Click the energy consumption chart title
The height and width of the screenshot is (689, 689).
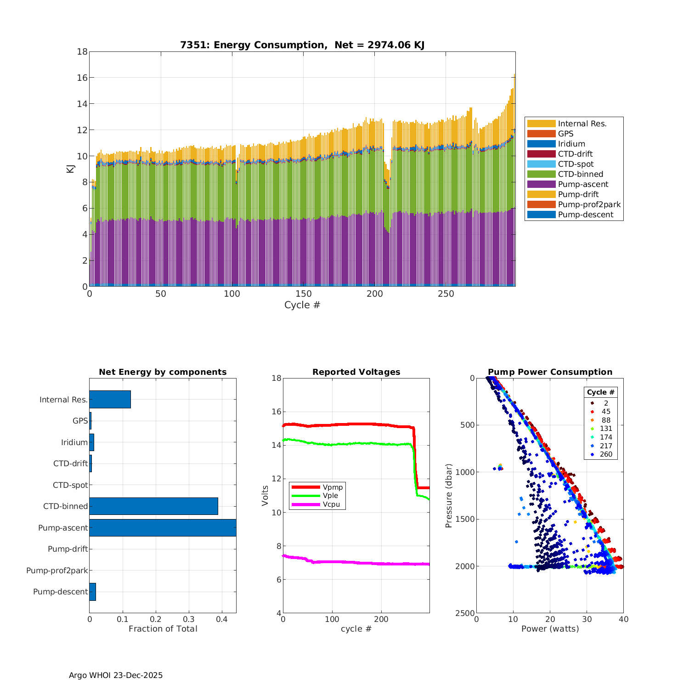coord(302,45)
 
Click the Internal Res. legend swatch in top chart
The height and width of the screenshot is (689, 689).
coord(541,124)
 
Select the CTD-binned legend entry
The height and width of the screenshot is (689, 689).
coord(580,174)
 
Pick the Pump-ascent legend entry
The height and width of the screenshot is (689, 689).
coord(583,184)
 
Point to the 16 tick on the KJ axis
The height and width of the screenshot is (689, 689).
coord(82,78)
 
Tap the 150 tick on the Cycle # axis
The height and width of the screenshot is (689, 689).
coord(303,294)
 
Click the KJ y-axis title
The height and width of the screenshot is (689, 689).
coord(70,169)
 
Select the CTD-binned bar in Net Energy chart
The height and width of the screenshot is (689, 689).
coord(153,506)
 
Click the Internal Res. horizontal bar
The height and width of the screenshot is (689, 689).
coord(110,400)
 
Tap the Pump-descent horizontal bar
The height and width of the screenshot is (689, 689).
coord(92,592)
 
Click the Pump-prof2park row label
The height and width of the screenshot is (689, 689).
coord(57,570)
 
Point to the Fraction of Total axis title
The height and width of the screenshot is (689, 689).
coord(163,629)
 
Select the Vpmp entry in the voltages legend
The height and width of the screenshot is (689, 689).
coord(333,487)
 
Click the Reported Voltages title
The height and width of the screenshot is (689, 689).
coord(356,372)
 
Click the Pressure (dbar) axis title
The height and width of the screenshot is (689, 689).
coord(449,495)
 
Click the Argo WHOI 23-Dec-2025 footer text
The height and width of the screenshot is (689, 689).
coord(116,675)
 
